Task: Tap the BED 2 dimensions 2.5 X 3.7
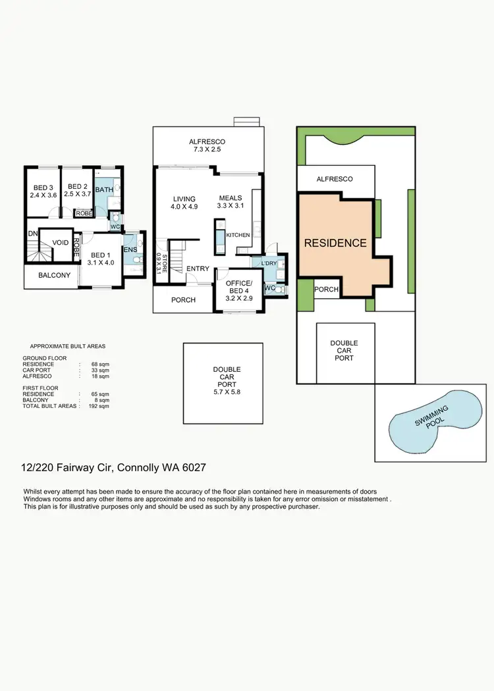point(78,195)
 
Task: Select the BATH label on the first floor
point(104,190)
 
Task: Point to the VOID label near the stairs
point(61,243)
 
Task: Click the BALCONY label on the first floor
point(54,276)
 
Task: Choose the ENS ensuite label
point(130,249)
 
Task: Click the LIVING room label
point(185,198)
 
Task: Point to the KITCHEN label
point(237,235)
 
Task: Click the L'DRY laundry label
point(269,263)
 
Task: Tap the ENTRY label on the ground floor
point(198,269)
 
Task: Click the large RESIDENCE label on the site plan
point(335,243)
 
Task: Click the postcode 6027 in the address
point(200,468)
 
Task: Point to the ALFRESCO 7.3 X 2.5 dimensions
point(207,150)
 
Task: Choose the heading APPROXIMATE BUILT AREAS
point(68,346)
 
